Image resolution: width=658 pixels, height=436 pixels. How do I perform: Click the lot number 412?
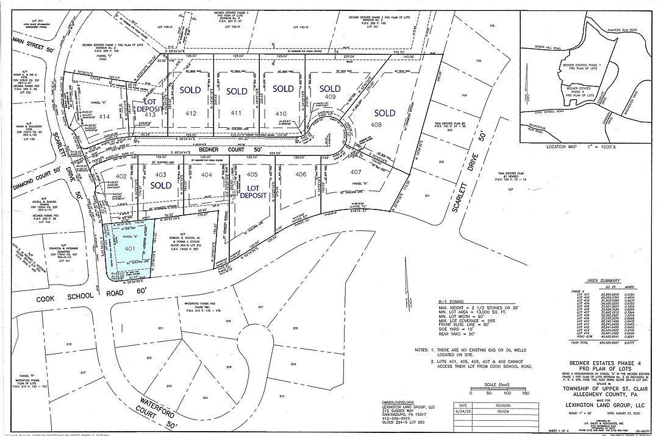pos(191,113)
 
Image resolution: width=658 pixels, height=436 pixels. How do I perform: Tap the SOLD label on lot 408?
pos(384,113)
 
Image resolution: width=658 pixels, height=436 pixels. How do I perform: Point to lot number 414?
pos(104,116)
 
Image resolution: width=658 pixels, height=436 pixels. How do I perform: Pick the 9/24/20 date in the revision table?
pos(465,411)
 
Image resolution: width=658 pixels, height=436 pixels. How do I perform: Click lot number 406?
pos(300,175)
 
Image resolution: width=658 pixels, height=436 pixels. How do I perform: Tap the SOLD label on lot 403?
pos(160,185)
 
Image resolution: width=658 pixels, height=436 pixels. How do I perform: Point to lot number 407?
pos(356,172)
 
